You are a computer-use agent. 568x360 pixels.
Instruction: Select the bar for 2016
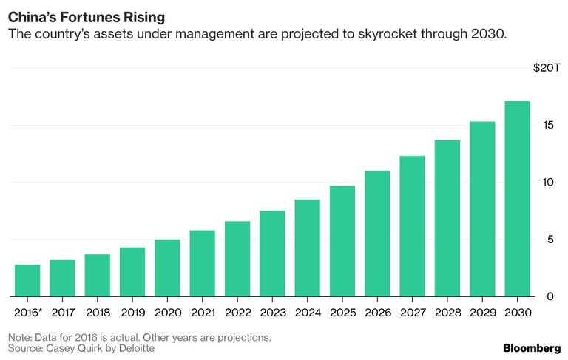click(27, 280)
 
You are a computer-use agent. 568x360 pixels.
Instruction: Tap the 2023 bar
click(272, 254)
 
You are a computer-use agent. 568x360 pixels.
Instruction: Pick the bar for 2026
click(377, 234)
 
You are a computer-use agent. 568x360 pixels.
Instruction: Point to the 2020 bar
click(167, 268)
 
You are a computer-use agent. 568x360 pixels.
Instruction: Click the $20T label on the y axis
click(547, 68)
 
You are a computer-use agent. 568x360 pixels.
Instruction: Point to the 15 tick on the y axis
click(547, 125)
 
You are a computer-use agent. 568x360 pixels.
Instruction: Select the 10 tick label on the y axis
click(547, 182)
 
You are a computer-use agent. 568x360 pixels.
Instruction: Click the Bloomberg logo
click(532, 348)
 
